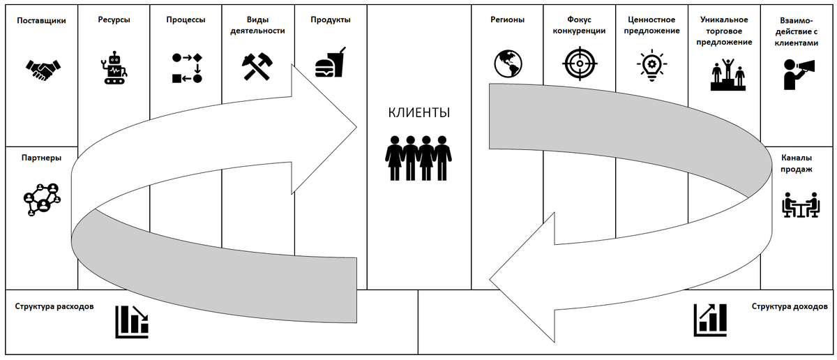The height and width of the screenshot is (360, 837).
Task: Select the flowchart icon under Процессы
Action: pos(186,68)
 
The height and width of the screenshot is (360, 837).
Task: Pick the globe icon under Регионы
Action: pos(508,63)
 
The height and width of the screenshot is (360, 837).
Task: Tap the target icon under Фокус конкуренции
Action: pos(580,63)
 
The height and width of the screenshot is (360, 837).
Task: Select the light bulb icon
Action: pos(651,65)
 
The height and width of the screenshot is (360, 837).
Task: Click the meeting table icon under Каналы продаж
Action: pos(799,204)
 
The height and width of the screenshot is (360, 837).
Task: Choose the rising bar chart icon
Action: pos(710,318)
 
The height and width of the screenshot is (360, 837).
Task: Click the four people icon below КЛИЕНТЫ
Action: pos(418,158)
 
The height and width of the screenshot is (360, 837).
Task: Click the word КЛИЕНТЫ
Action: pos(418,113)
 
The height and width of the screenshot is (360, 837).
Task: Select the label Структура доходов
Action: pos(789,306)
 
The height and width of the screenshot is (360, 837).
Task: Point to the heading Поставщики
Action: pos(41,20)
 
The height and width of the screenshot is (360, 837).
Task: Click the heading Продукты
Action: pos(330,20)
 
